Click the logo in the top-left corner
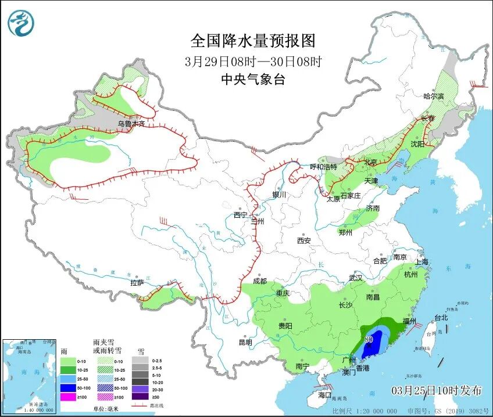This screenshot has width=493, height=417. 22,23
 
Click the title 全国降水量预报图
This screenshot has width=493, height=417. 253,41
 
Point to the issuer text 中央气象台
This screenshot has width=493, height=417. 253,80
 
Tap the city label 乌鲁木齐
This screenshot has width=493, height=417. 130,124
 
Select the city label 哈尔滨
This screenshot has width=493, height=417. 433,96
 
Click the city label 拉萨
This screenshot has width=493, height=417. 137,283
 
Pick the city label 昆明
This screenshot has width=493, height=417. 245,342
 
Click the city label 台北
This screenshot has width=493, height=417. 441,318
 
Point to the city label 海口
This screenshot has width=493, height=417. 325,395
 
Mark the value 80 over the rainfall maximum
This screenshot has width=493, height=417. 369,339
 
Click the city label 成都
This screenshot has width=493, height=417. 259,281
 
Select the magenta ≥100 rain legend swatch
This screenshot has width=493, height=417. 69,397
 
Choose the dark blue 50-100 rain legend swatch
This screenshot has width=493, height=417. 69,387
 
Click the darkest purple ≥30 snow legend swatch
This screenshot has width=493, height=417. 140,397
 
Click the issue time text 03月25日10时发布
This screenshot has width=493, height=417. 437,390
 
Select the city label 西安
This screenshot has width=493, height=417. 304,240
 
